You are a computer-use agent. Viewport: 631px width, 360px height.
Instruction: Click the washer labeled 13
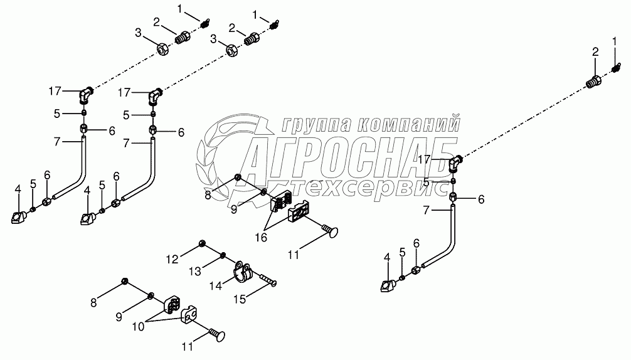point(223,255)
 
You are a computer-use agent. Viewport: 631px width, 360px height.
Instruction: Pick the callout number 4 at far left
point(18,189)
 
